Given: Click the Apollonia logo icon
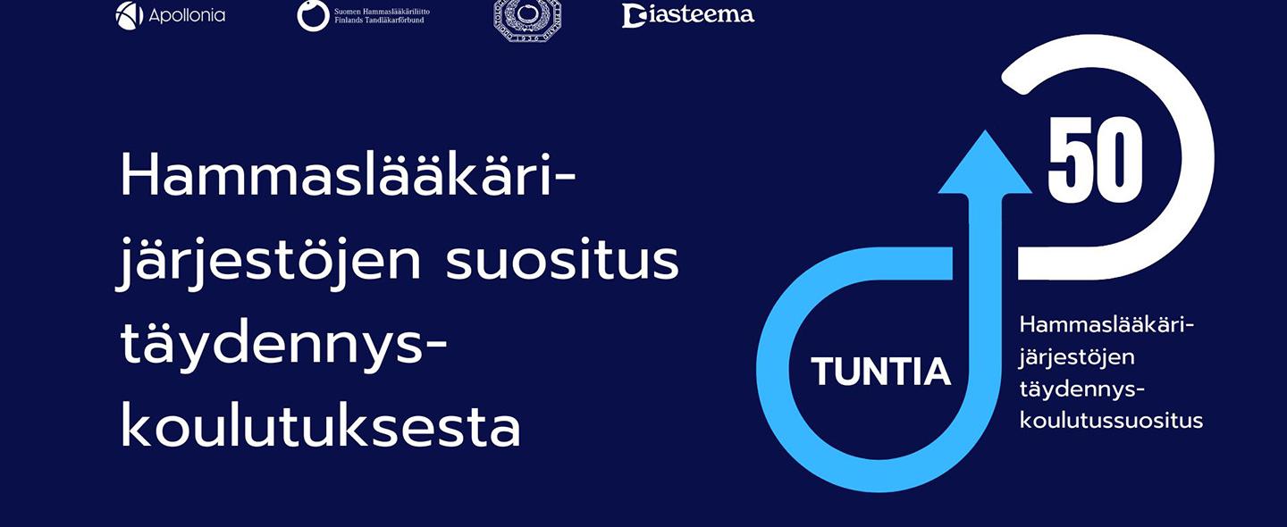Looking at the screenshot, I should point(130,15).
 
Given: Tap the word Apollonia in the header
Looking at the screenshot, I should point(188,16).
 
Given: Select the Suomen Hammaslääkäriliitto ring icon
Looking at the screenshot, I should point(313,16).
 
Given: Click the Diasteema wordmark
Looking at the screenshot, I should point(688,15).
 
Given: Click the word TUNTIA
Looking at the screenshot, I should point(880,372).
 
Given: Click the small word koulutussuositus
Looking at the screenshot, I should point(1111,420).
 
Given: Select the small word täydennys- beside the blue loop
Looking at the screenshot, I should point(1082,389).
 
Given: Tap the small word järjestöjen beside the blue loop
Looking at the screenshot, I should point(1076,357).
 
